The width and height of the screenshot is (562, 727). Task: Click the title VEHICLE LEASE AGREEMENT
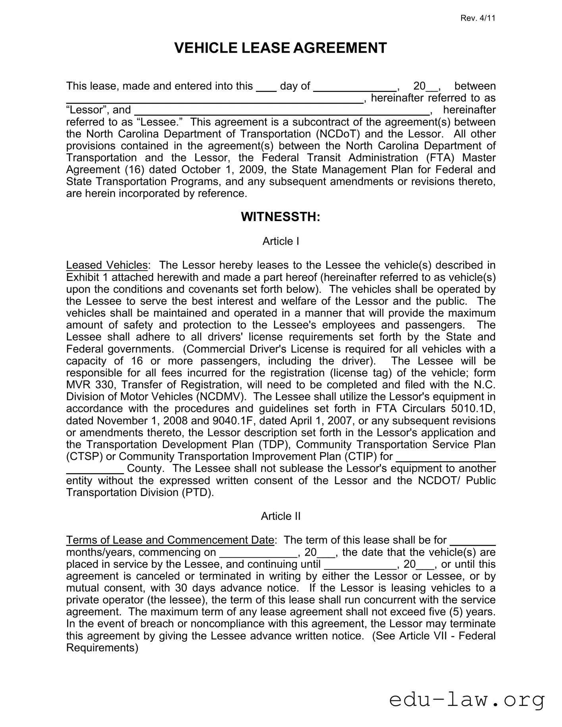point(280,48)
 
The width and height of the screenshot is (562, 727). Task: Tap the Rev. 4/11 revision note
point(478,18)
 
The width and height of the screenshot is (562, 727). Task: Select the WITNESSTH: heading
point(280,217)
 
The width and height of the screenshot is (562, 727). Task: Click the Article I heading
point(280,241)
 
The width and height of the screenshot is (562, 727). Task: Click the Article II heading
point(280,516)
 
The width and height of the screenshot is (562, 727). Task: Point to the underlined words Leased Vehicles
point(107,265)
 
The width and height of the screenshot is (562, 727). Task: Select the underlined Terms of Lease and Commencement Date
point(170,540)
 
